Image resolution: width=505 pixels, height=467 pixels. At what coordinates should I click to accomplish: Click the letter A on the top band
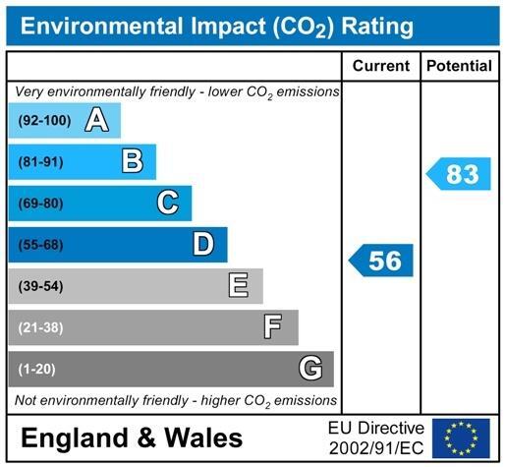pyautogui.click(x=95, y=120)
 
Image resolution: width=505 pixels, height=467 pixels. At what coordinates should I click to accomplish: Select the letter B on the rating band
pyautogui.click(x=132, y=161)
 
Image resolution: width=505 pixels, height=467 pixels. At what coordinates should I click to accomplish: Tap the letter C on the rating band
pyautogui.click(x=168, y=203)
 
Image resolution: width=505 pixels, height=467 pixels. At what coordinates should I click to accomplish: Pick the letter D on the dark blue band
pyautogui.click(x=203, y=244)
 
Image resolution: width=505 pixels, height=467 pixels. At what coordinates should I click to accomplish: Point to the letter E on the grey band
pyautogui.click(x=238, y=285)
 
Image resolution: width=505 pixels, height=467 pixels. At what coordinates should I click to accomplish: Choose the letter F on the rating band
pyautogui.click(x=273, y=326)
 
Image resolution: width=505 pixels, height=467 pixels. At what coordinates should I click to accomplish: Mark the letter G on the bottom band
pyautogui.click(x=309, y=369)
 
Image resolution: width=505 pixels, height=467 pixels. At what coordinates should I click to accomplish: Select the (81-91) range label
pyautogui.click(x=40, y=162)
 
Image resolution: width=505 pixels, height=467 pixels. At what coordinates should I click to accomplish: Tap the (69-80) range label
pyautogui.click(x=40, y=204)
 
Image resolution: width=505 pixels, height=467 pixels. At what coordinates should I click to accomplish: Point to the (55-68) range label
pyautogui.click(x=40, y=245)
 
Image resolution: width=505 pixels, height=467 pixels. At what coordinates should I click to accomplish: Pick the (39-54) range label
pyautogui.click(x=40, y=286)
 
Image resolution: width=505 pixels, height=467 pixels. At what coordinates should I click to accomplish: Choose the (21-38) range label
pyautogui.click(x=40, y=327)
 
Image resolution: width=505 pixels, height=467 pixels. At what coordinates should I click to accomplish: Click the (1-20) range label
pyautogui.click(x=37, y=369)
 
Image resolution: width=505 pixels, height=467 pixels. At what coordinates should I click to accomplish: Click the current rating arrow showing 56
pyautogui.click(x=382, y=261)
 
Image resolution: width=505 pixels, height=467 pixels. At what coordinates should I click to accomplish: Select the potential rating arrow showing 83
pyautogui.click(x=459, y=174)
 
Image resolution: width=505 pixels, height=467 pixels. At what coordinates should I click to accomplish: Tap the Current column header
pyautogui.click(x=380, y=66)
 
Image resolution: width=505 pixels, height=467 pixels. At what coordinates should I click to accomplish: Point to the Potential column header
pyautogui.click(x=459, y=66)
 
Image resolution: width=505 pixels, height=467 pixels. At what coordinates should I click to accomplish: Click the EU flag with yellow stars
pyautogui.click(x=461, y=438)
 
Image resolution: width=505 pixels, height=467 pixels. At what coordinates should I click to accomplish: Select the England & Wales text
pyautogui.click(x=132, y=438)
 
